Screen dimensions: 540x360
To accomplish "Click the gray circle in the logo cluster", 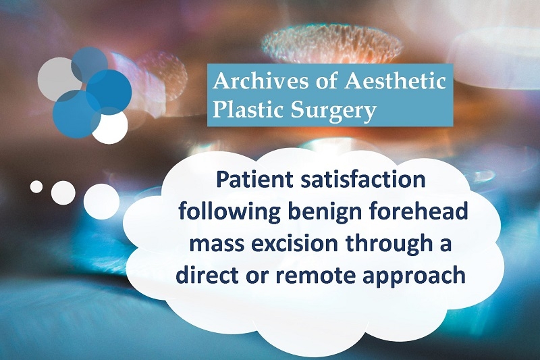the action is point(59,79).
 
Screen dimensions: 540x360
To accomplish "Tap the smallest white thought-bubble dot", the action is point(36,186).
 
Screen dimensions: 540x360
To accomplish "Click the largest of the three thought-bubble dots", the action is point(102,201).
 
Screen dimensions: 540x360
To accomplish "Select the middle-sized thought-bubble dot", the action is point(63,192).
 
